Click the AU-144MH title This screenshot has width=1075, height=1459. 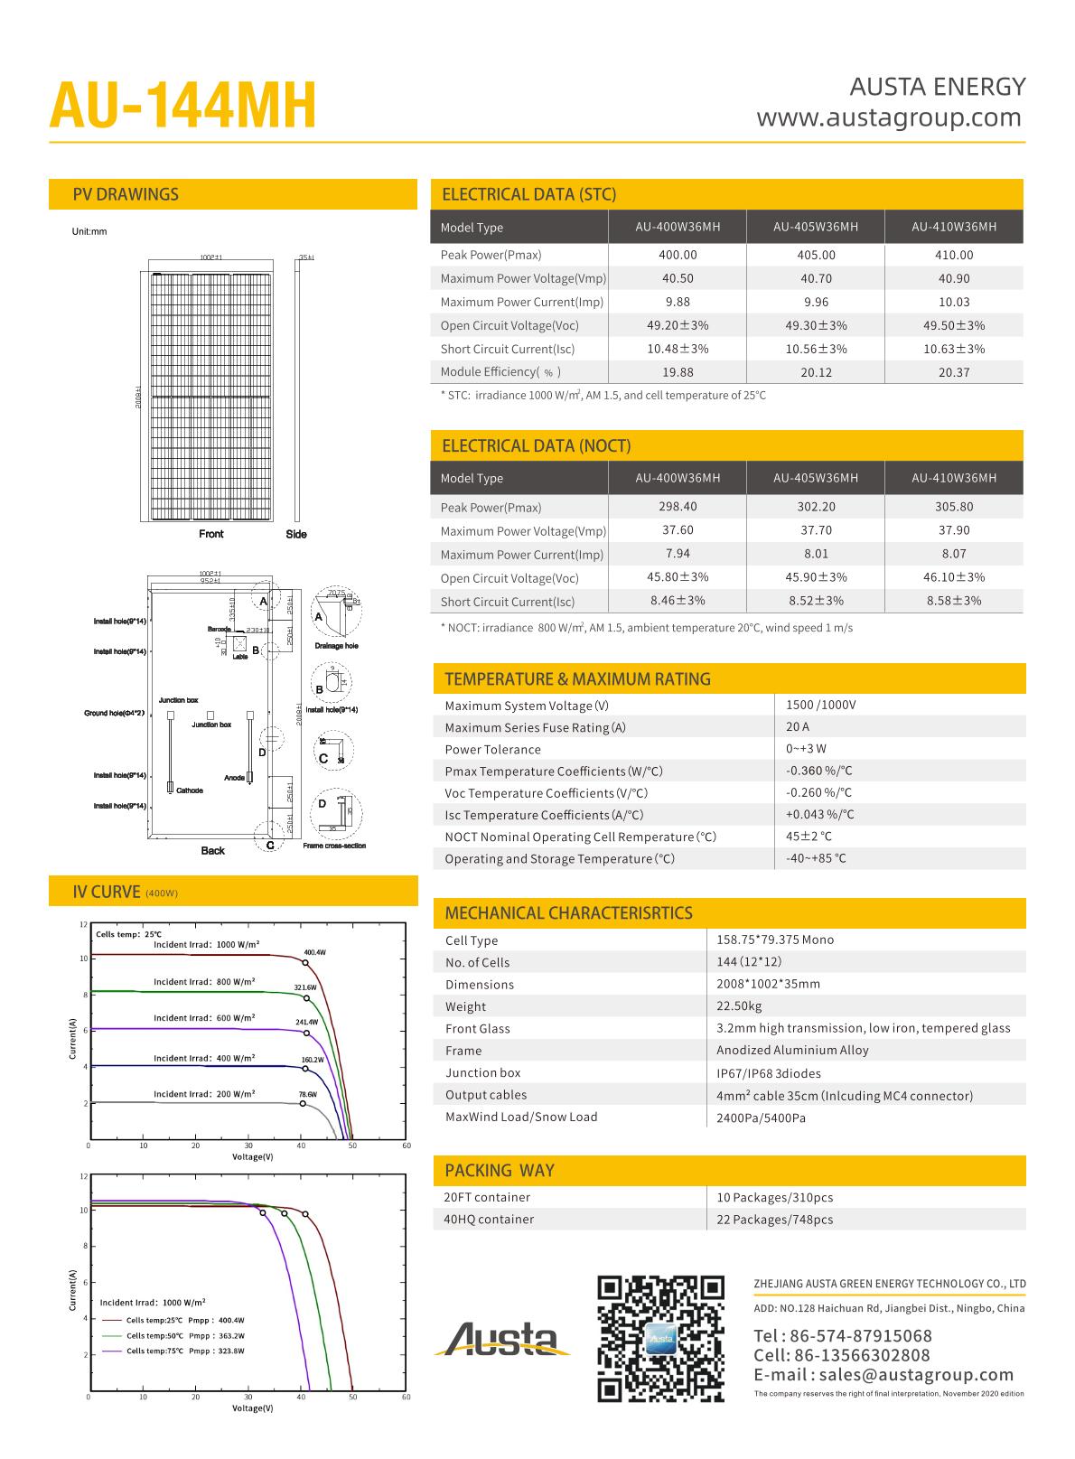point(183,107)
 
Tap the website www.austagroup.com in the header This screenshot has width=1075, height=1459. point(889,117)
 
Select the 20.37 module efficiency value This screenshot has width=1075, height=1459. point(954,372)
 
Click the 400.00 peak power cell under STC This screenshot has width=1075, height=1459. point(678,255)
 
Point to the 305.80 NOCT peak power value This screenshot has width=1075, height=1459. point(954,507)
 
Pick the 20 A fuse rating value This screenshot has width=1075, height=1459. point(798,726)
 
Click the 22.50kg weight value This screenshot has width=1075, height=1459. point(739,1005)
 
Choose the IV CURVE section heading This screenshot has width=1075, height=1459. point(107,892)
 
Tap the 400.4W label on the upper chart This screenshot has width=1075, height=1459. point(314,952)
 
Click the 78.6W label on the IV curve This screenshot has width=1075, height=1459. point(308,1094)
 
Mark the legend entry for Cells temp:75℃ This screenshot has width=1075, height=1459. point(185,1351)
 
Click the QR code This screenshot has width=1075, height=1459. point(662,1339)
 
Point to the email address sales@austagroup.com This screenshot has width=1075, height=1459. point(883,1374)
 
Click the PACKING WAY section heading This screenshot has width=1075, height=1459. point(500,1170)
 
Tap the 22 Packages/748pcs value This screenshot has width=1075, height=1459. point(775,1219)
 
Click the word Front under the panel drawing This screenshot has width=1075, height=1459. point(211,534)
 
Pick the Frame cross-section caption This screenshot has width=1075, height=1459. point(334,846)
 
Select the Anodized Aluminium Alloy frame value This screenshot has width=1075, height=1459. point(792,1050)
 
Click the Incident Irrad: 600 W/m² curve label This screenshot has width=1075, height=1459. point(204,1018)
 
